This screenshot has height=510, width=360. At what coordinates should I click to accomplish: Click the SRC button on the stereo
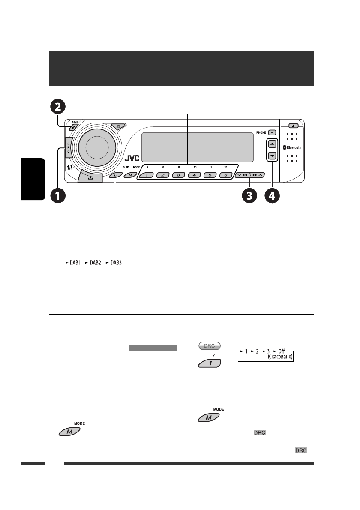(x=69, y=149)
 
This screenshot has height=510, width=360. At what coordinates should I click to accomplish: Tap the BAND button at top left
(x=74, y=126)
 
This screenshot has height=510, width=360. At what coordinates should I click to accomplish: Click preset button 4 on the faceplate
(x=194, y=175)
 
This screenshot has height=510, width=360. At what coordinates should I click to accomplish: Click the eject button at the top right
(x=293, y=126)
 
